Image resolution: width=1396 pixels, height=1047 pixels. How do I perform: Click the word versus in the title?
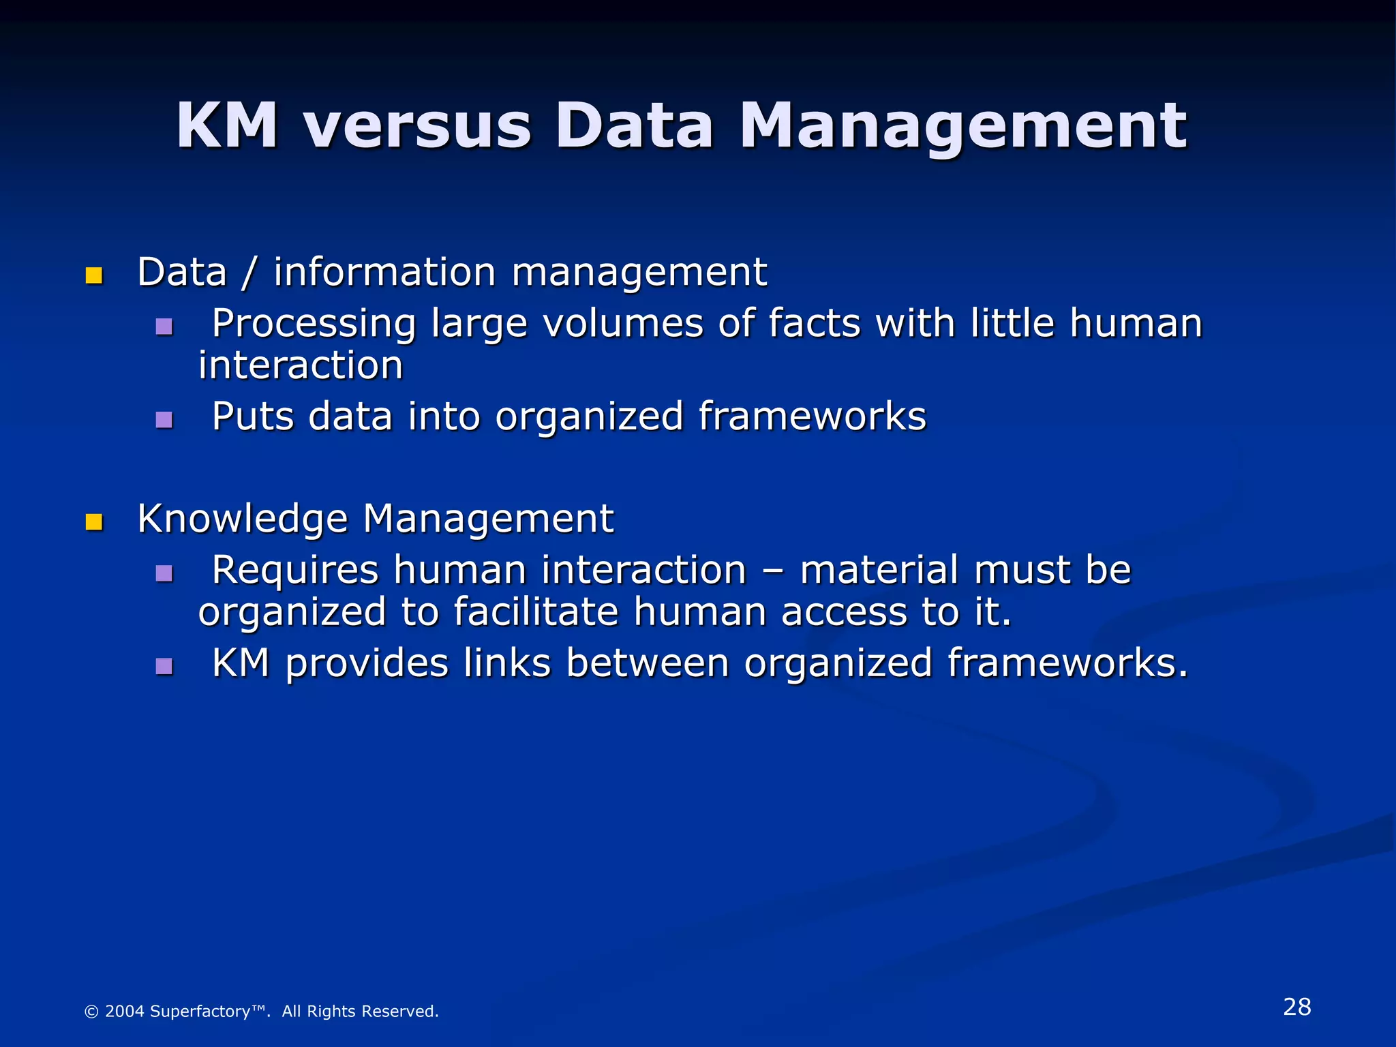tap(417, 126)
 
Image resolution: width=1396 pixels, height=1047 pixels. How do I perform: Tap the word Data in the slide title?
tap(634, 126)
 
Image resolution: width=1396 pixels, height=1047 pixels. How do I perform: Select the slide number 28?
tap(1296, 1007)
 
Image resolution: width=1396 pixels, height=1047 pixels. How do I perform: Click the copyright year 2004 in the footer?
tap(125, 1011)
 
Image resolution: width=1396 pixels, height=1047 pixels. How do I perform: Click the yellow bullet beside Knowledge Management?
tap(94, 522)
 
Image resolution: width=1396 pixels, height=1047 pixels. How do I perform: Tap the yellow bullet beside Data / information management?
tap(94, 275)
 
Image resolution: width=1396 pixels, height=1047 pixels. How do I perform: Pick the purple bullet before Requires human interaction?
tap(164, 573)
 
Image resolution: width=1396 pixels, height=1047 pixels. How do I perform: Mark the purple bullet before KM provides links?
tap(164, 666)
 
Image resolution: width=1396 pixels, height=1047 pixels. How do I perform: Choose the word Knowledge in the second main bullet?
tap(243, 519)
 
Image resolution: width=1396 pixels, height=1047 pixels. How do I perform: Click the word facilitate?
tap(536, 611)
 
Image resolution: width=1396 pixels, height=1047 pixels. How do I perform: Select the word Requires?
tap(294, 570)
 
